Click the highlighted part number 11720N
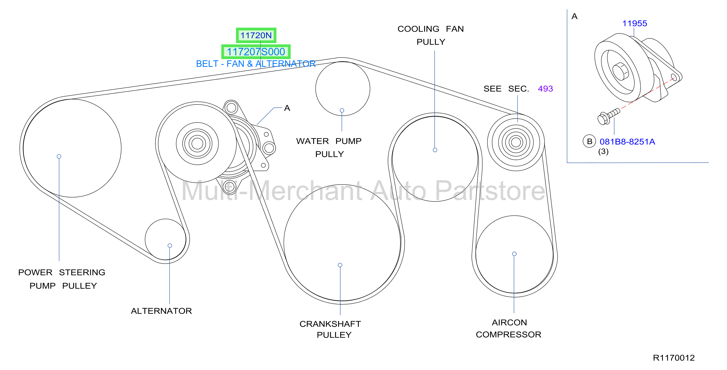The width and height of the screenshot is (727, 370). (x=256, y=36)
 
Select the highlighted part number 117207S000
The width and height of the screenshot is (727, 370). (x=256, y=52)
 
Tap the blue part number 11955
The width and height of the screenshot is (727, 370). (x=635, y=23)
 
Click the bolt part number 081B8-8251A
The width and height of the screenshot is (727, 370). (x=627, y=142)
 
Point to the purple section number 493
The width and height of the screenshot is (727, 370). (x=545, y=89)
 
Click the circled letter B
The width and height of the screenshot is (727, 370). (x=589, y=142)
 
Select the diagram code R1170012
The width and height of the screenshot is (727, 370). (x=674, y=358)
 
